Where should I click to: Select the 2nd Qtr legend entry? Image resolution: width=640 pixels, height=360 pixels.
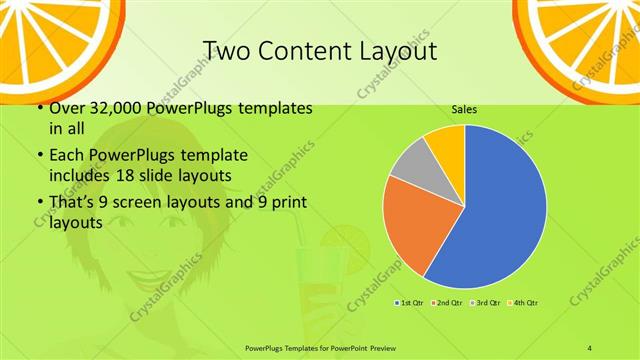pyautogui.click(x=445, y=301)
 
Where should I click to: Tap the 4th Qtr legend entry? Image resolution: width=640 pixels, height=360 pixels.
pyautogui.click(x=521, y=301)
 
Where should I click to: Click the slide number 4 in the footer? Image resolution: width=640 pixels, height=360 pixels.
pyautogui.click(x=591, y=347)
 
